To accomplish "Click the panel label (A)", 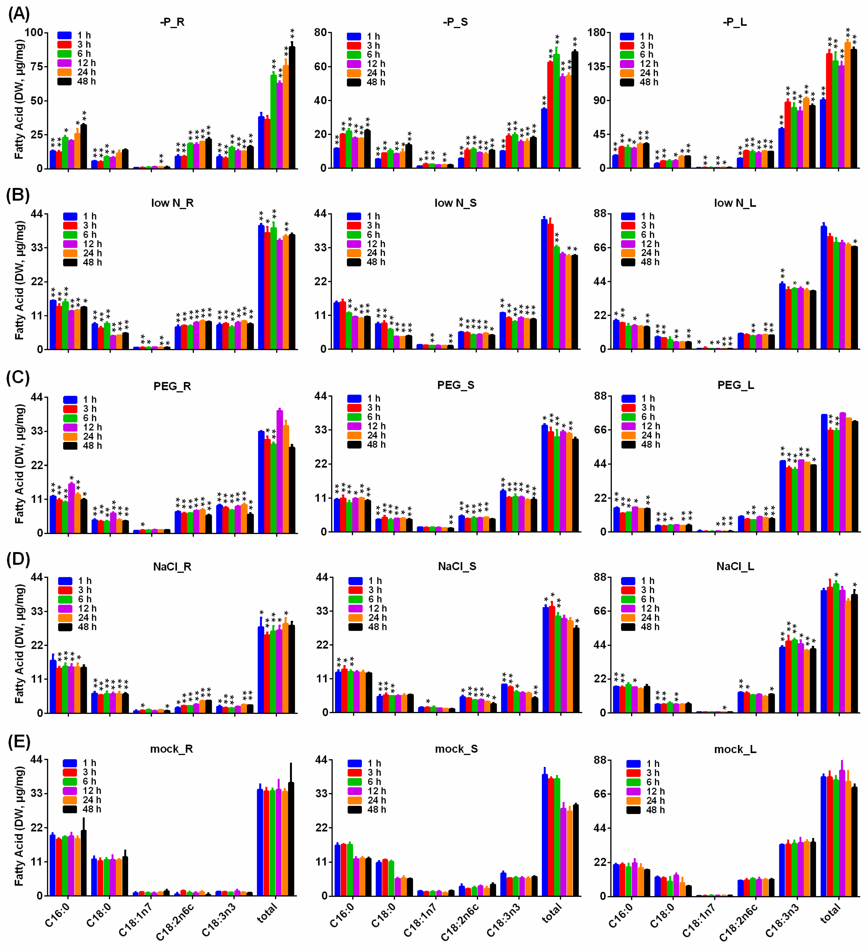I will (x=19, y=14).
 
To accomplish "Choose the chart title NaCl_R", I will (x=172, y=567).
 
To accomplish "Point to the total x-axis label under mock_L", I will (x=830, y=914).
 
